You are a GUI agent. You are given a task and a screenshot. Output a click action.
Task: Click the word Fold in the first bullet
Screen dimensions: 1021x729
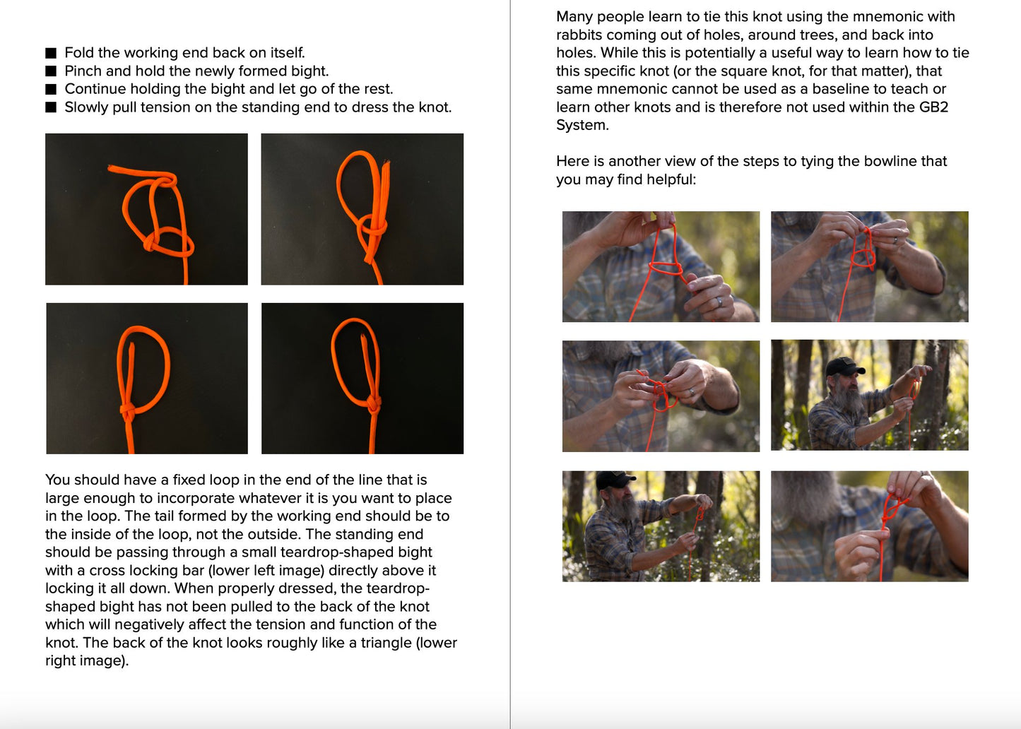coord(79,53)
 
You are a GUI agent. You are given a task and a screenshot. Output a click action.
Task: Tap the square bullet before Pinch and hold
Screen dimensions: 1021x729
coord(51,71)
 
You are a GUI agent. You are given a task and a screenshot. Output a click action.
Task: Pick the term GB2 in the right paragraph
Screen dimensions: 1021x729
coord(934,107)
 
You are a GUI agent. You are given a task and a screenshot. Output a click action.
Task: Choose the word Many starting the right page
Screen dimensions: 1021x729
coord(574,17)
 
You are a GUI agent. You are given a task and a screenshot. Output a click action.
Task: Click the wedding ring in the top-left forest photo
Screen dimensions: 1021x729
coord(719,301)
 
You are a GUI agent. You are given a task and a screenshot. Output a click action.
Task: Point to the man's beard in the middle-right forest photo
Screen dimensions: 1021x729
coord(849,396)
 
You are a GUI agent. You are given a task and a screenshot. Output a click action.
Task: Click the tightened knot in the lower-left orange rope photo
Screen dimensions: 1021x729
coord(128,411)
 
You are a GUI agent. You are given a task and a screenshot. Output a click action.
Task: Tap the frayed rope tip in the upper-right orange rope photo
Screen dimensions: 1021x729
coord(387,162)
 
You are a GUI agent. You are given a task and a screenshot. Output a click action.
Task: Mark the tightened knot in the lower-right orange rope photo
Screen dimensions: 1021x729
coord(374,403)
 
